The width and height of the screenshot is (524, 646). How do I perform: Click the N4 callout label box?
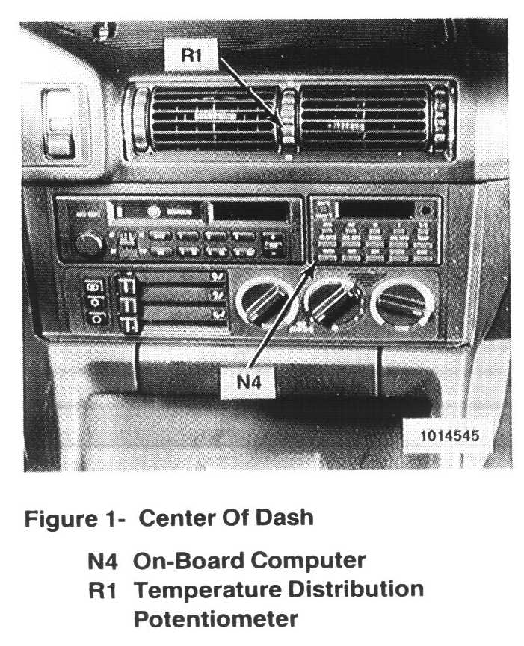click(249, 382)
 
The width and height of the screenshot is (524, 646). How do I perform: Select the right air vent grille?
click(365, 118)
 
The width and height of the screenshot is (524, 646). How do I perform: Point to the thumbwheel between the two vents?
click(288, 122)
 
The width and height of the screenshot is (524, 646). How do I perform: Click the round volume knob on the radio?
click(89, 243)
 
